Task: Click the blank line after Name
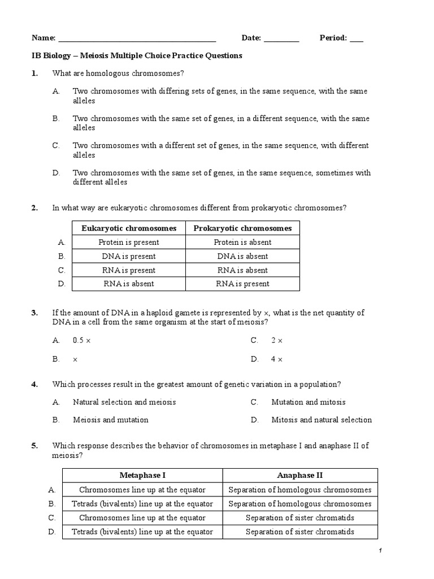pos(137,40)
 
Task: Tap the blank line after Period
pos(357,40)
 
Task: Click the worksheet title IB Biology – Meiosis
pos(136,55)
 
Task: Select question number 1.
pos(34,73)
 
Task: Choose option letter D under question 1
pos(56,173)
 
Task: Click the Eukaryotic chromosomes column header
pos(129,228)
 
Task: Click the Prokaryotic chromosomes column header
pos(242,228)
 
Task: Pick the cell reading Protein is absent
pos(242,243)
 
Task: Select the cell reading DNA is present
pos(129,256)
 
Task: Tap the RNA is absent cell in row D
pos(129,284)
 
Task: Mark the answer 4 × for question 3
pos(277,359)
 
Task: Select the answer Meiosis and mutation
pos(111,420)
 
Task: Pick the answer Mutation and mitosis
pos(309,402)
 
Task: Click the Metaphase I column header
pos(142,476)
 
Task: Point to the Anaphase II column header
pos(300,476)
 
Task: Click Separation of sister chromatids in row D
pos(300,532)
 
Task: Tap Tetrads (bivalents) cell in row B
pos(142,504)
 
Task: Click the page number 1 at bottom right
pos(381,551)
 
